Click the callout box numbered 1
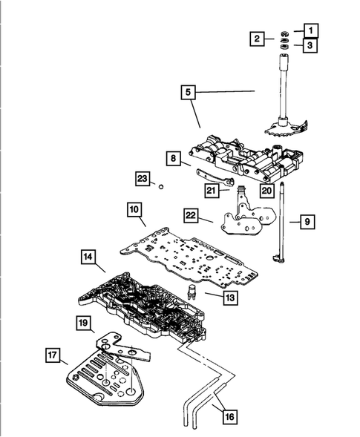[311, 30]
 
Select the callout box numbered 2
[257, 39]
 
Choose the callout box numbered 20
[265, 189]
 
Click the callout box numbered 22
[192, 215]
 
